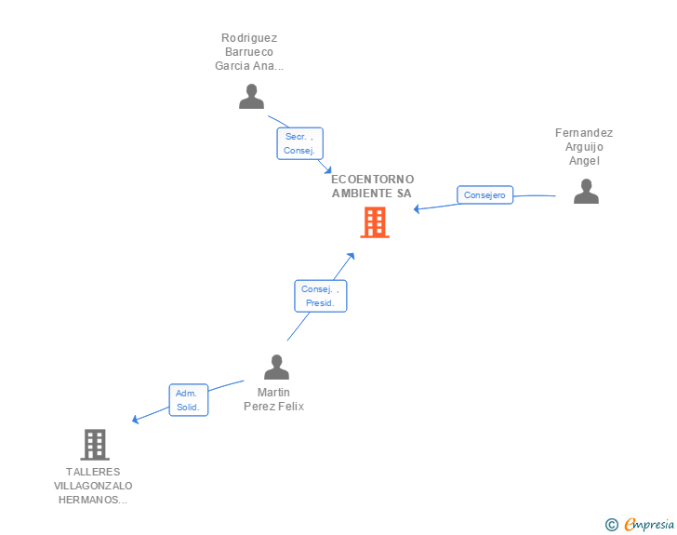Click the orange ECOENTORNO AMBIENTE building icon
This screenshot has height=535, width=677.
pyautogui.click(x=375, y=222)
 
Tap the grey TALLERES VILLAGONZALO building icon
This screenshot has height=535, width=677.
pyautogui.click(x=95, y=445)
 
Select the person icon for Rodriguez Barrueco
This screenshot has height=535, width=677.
pyautogui.click(x=251, y=97)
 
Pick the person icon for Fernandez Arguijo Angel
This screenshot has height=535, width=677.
pyautogui.click(x=586, y=191)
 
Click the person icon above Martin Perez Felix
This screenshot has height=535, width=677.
pyautogui.click(x=276, y=367)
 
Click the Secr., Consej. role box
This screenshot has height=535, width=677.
pyautogui.click(x=299, y=143)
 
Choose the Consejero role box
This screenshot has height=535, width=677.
pyautogui.click(x=485, y=194)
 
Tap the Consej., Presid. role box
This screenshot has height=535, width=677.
pyautogui.click(x=320, y=296)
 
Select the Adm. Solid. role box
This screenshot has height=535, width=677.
pyautogui.click(x=188, y=400)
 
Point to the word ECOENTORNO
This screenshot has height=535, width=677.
pyautogui.click(x=373, y=180)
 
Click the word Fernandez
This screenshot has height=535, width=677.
pyautogui.click(x=584, y=133)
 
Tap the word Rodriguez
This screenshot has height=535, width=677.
pyautogui.click(x=249, y=38)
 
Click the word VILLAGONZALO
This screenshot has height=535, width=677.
pyautogui.click(x=93, y=486)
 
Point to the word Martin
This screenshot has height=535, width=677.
pyautogui.click(x=273, y=393)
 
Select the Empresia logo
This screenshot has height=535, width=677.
pyautogui.click(x=640, y=524)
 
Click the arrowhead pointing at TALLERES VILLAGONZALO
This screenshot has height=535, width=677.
pyautogui.click(x=135, y=420)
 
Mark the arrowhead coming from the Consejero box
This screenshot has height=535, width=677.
pyautogui.click(x=417, y=209)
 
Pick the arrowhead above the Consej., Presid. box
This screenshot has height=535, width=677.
pyautogui.click(x=351, y=256)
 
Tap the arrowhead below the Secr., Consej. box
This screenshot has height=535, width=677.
pyautogui.click(x=328, y=170)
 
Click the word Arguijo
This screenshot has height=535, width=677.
pyautogui.click(x=584, y=147)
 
